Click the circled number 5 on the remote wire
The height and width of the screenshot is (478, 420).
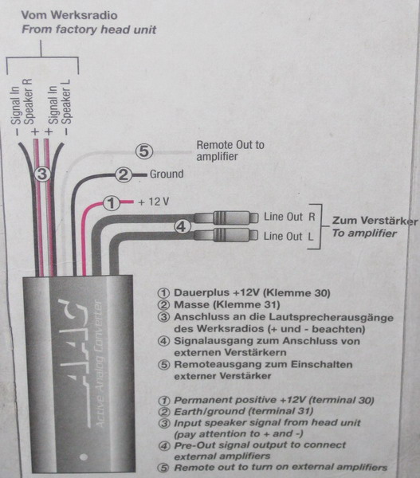click(x=144, y=151)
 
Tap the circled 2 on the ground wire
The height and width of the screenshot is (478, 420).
click(x=124, y=174)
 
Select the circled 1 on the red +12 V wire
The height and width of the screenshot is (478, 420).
click(x=112, y=202)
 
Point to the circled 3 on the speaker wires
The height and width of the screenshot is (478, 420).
click(x=42, y=174)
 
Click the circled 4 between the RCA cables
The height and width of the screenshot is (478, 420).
click(x=182, y=226)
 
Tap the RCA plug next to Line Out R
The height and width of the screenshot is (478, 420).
click(x=226, y=217)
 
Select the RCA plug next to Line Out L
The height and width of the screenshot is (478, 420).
click(x=226, y=235)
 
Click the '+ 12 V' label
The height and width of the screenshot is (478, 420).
click(x=154, y=202)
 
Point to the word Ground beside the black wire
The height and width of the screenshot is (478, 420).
click(x=167, y=174)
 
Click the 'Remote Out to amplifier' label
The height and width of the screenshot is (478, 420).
click(x=230, y=151)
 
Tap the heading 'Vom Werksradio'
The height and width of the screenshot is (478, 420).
click(x=69, y=15)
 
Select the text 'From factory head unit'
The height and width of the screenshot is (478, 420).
click(x=88, y=29)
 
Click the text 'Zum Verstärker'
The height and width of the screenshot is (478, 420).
click(x=375, y=221)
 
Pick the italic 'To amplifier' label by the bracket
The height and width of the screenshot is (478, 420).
click(x=364, y=233)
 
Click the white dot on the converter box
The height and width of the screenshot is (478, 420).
click(x=84, y=456)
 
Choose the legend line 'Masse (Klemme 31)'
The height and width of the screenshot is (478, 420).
click(x=226, y=304)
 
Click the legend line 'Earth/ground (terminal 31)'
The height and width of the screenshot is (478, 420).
click(x=243, y=412)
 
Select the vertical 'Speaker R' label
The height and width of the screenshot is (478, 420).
click(x=29, y=101)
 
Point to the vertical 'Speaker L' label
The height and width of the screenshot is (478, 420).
click(x=66, y=102)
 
